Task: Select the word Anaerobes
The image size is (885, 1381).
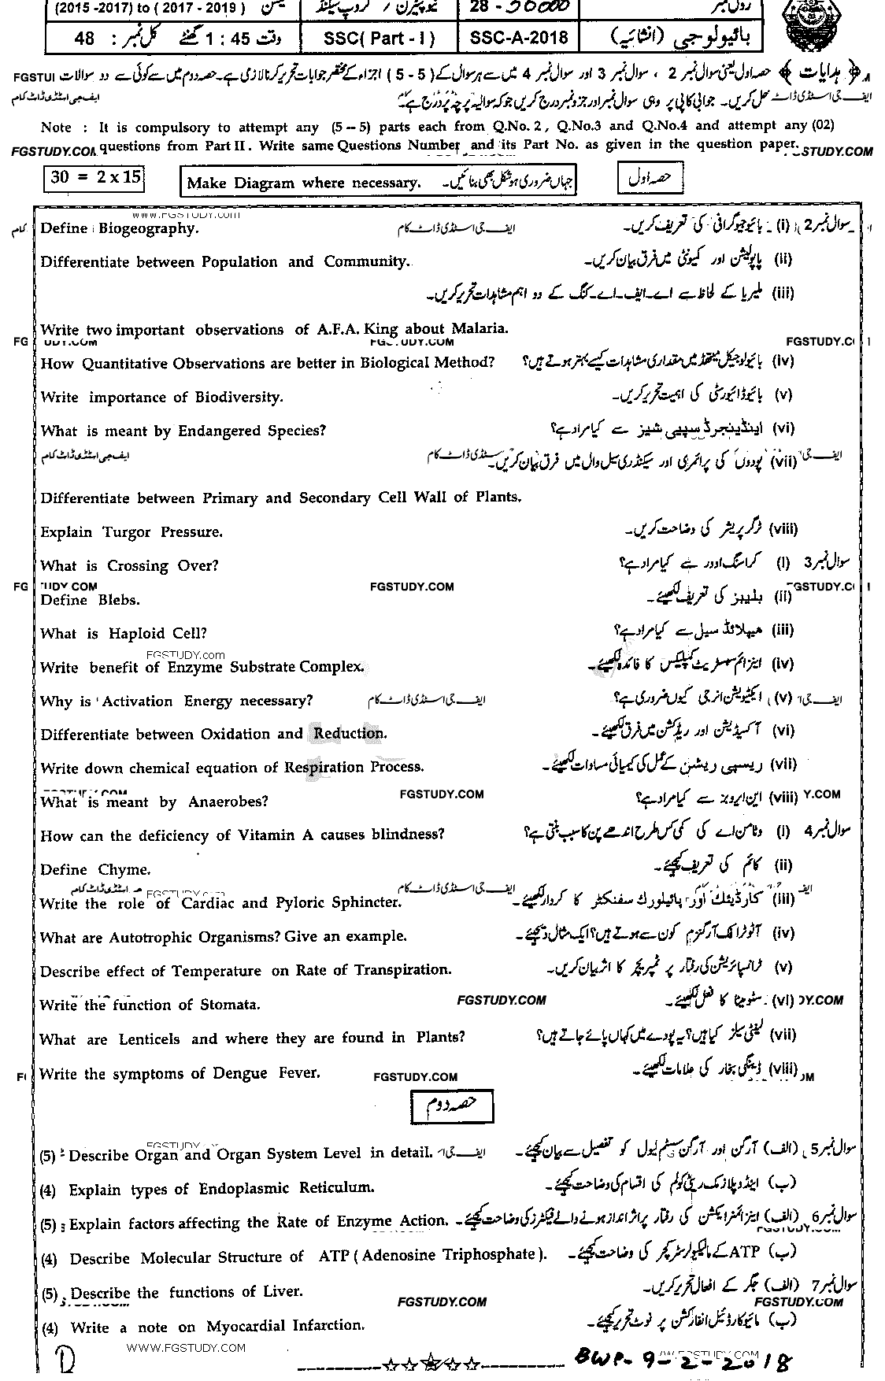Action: pos(228,802)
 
